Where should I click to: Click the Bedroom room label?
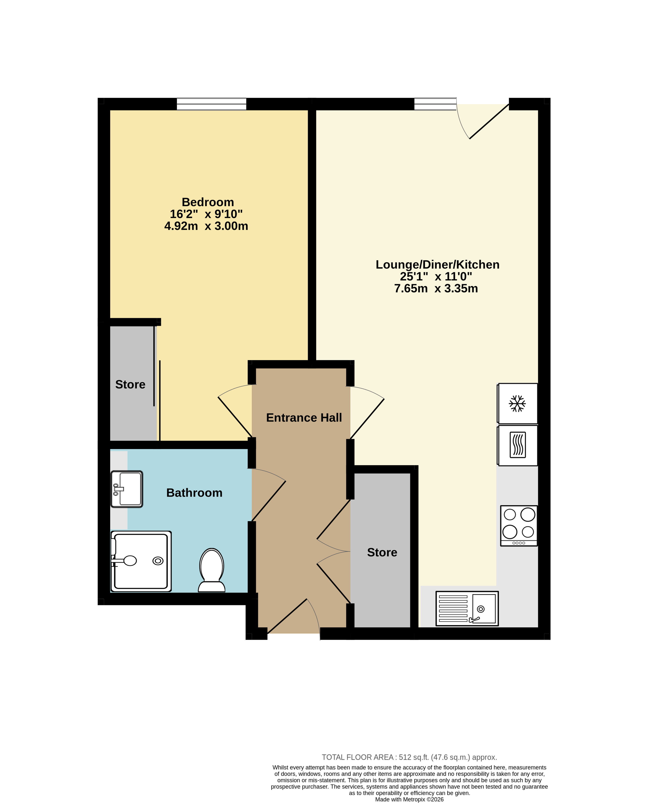pos(208,202)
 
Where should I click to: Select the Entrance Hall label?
pos(304,417)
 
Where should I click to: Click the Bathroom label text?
pos(194,493)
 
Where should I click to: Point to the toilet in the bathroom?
pos(212,570)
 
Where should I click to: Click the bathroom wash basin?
pos(127,489)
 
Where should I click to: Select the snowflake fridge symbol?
pos(517,404)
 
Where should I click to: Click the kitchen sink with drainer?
pos(467,608)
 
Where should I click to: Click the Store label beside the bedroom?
pos(130,384)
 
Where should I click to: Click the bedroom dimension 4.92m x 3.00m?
pos(206,226)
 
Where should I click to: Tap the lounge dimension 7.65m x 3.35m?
pos(436,289)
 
